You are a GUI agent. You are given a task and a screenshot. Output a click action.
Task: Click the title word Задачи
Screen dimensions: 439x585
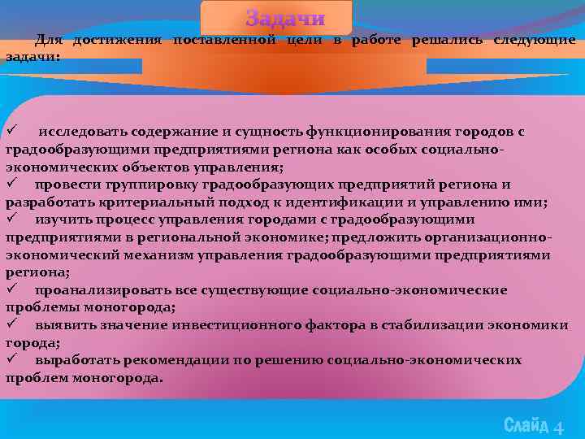(285, 19)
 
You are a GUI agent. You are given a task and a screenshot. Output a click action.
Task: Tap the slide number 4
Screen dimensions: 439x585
(558, 427)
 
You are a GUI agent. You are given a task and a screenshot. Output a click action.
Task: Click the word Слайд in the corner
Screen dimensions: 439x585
(526, 425)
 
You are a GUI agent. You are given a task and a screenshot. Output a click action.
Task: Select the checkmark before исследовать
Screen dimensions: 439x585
(11, 131)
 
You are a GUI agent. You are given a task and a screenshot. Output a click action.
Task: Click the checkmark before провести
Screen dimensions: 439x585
(11, 185)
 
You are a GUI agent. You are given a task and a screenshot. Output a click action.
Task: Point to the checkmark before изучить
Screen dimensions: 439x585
(11, 219)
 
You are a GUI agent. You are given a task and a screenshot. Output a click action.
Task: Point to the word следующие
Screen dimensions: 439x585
(534, 40)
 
